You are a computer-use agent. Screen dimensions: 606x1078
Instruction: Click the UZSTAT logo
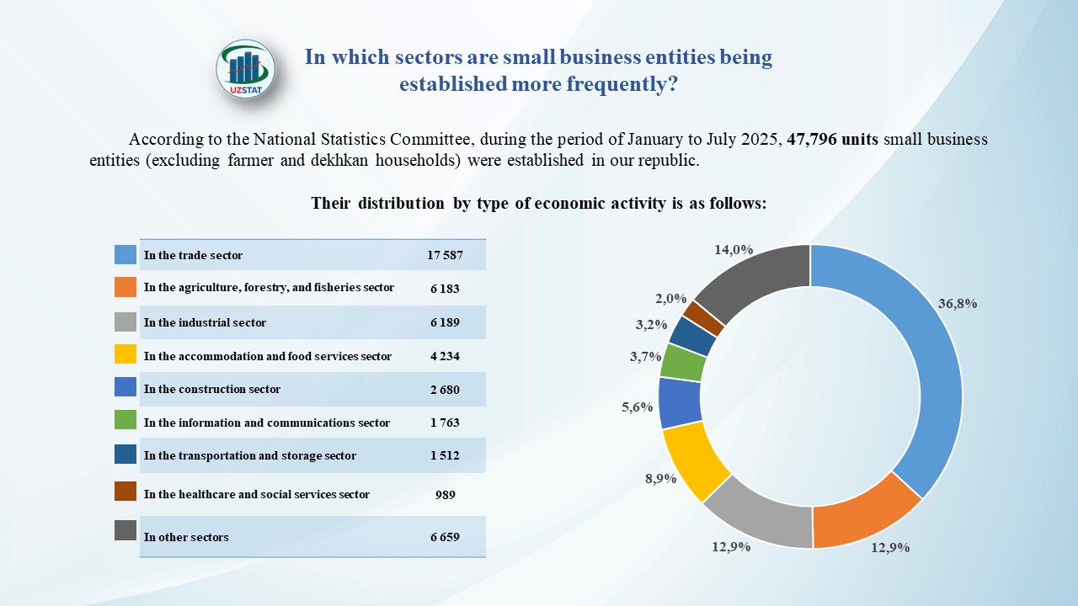point(245,69)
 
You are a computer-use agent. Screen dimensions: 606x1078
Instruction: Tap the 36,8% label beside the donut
point(957,304)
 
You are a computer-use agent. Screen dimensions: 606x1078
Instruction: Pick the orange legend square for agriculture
point(125,287)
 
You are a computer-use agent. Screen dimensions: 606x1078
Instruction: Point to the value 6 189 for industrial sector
point(445,322)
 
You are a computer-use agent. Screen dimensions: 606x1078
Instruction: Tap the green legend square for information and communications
point(125,422)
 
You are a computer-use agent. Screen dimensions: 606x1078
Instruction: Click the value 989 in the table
point(445,495)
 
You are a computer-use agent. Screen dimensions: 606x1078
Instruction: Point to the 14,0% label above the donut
point(733,250)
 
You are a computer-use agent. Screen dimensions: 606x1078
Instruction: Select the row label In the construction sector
point(212,390)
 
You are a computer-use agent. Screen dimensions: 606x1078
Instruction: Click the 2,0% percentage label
point(670,299)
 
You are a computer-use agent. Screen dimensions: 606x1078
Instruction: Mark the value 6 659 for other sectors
point(445,537)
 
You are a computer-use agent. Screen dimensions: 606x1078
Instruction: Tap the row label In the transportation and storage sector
point(250,456)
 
